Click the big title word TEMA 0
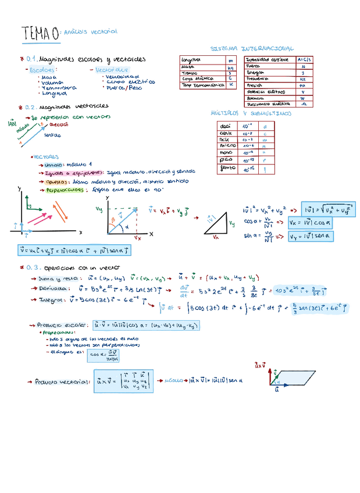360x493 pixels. [40, 34]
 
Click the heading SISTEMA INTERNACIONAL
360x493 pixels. [251, 48]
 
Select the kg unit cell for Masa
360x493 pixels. [230, 68]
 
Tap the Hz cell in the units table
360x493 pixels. [303, 79]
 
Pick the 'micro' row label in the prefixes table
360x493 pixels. [226, 145]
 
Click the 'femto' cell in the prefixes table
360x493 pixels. [226, 168]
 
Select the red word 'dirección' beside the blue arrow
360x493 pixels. [59, 124]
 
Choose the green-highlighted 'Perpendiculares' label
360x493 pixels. [64, 190]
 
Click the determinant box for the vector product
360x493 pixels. [124, 381]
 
